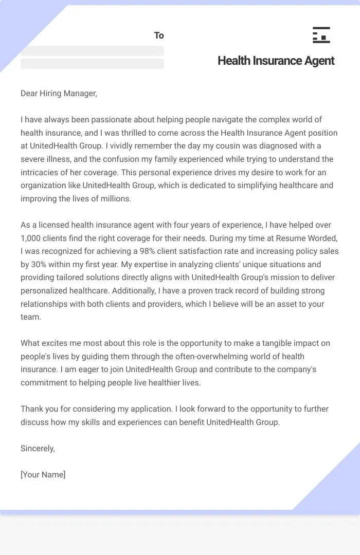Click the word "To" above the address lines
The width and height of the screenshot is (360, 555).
159,35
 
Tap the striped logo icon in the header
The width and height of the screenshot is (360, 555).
321,35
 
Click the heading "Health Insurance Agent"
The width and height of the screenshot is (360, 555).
276,61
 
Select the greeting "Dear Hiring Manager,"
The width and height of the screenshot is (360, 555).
59,93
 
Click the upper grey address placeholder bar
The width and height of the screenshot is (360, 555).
92,51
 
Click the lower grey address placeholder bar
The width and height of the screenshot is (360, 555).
92,64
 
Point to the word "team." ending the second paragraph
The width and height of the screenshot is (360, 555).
31,317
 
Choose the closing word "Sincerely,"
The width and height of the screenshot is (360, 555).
38,449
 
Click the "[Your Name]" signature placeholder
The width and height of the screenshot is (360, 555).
43,475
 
